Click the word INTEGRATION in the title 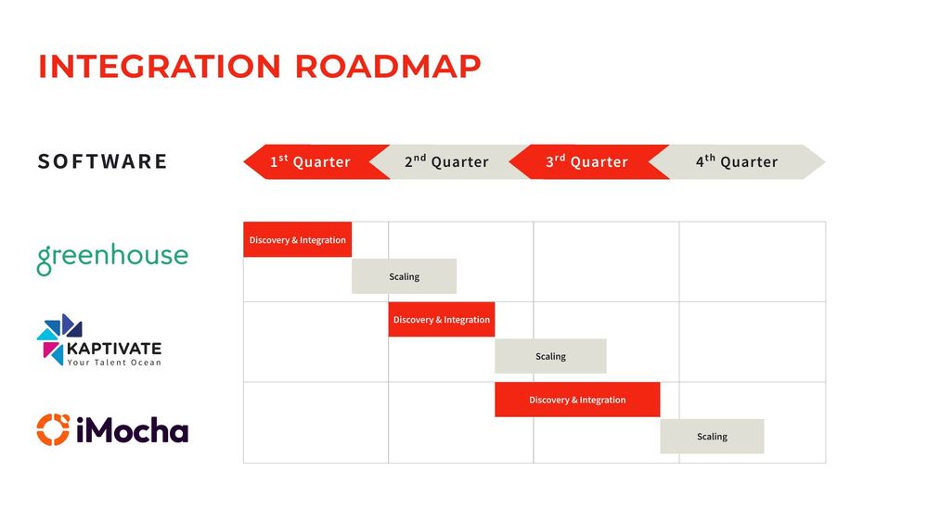click(x=160, y=66)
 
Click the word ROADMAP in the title click(x=388, y=66)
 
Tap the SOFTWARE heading click(x=103, y=161)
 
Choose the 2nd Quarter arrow click(x=451, y=161)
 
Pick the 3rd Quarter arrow click(x=589, y=161)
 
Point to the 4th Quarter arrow click(x=738, y=161)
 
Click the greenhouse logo click(x=112, y=259)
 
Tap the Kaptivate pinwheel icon click(x=59, y=338)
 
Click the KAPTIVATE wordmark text click(x=113, y=349)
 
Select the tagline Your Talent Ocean click(x=113, y=363)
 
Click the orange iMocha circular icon click(x=53, y=430)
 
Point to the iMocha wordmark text click(x=133, y=430)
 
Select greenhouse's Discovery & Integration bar click(x=298, y=239)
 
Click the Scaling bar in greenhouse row click(x=405, y=276)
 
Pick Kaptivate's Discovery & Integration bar click(x=442, y=319)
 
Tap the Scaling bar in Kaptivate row click(x=550, y=356)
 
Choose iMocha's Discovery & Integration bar click(x=577, y=400)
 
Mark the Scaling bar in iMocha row click(x=712, y=437)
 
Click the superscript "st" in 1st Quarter click(x=283, y=158)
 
